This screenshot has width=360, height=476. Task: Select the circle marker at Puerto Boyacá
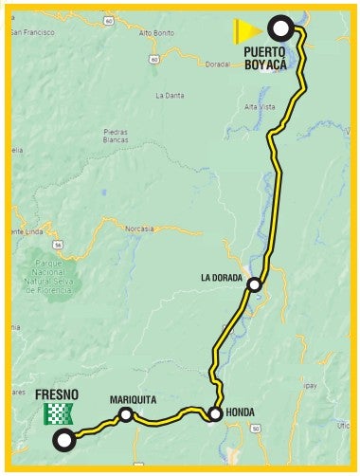[x=280, y=27]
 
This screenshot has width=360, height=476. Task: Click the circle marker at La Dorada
[x=254, y=284]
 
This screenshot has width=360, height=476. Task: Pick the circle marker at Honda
[x=215, y=413]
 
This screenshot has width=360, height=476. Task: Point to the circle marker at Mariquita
[x=125, y=413]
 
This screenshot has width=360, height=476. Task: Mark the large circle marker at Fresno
[x=64, y=439]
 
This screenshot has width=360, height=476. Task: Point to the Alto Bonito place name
[x=155, y=32]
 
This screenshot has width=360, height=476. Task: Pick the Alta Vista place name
[x=259, y=107]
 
